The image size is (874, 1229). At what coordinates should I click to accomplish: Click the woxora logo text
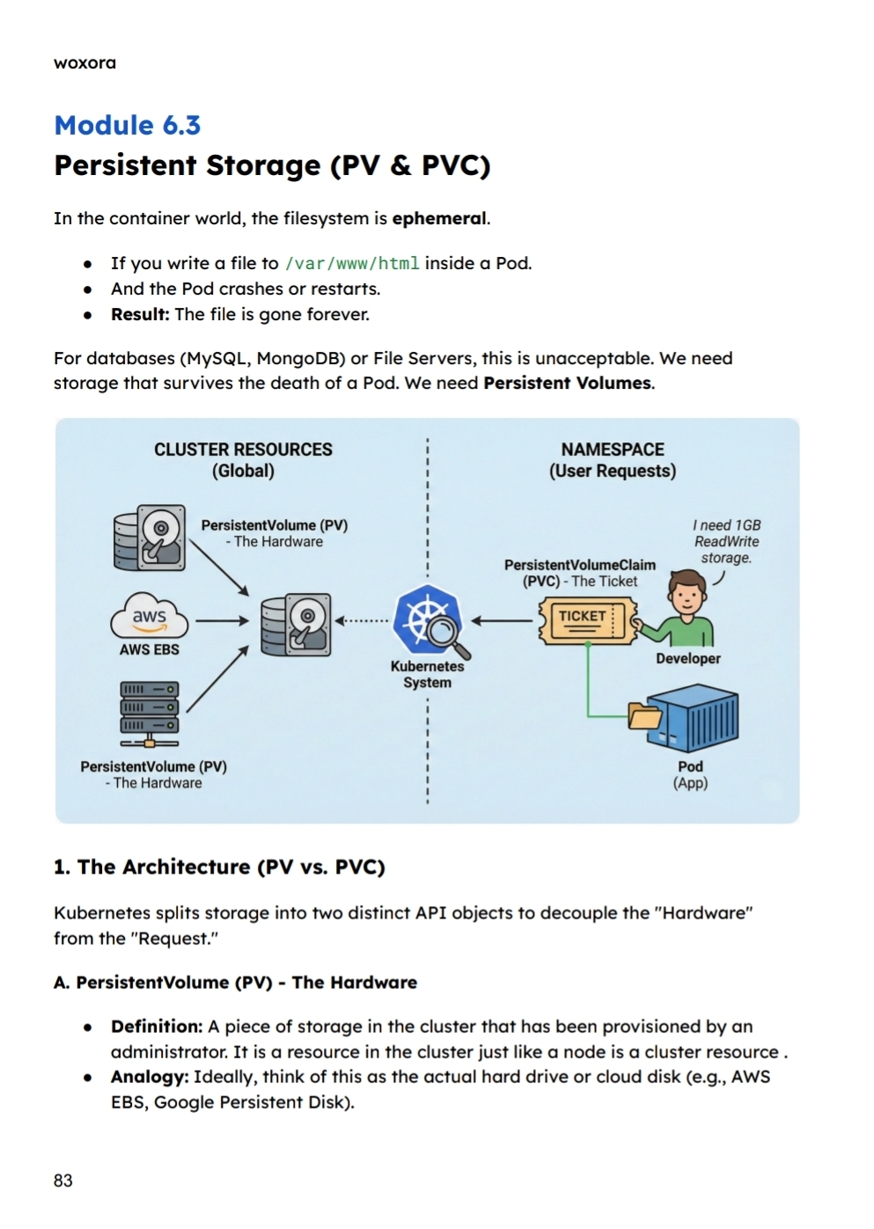pos(84,62)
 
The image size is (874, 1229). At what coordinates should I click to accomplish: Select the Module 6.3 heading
pos(128,125)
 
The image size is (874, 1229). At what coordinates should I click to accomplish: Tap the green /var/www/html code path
pos(352,263)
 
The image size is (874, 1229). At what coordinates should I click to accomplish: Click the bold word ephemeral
pos(439,218)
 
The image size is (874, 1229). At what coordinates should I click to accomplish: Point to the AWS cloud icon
pos(150,617)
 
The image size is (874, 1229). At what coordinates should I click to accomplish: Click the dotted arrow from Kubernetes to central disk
pos(363,620)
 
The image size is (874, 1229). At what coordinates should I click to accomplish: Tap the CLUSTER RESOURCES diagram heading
pos(243,450)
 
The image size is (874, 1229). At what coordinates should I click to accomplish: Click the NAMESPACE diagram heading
pos(613,450)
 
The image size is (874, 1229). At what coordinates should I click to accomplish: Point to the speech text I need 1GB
pos(726,525)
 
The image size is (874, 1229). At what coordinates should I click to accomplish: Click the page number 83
pos(63,1181)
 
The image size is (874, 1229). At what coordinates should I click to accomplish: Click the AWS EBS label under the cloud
pos(150,649)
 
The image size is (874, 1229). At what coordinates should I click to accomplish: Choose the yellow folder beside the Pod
pos(645,715)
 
